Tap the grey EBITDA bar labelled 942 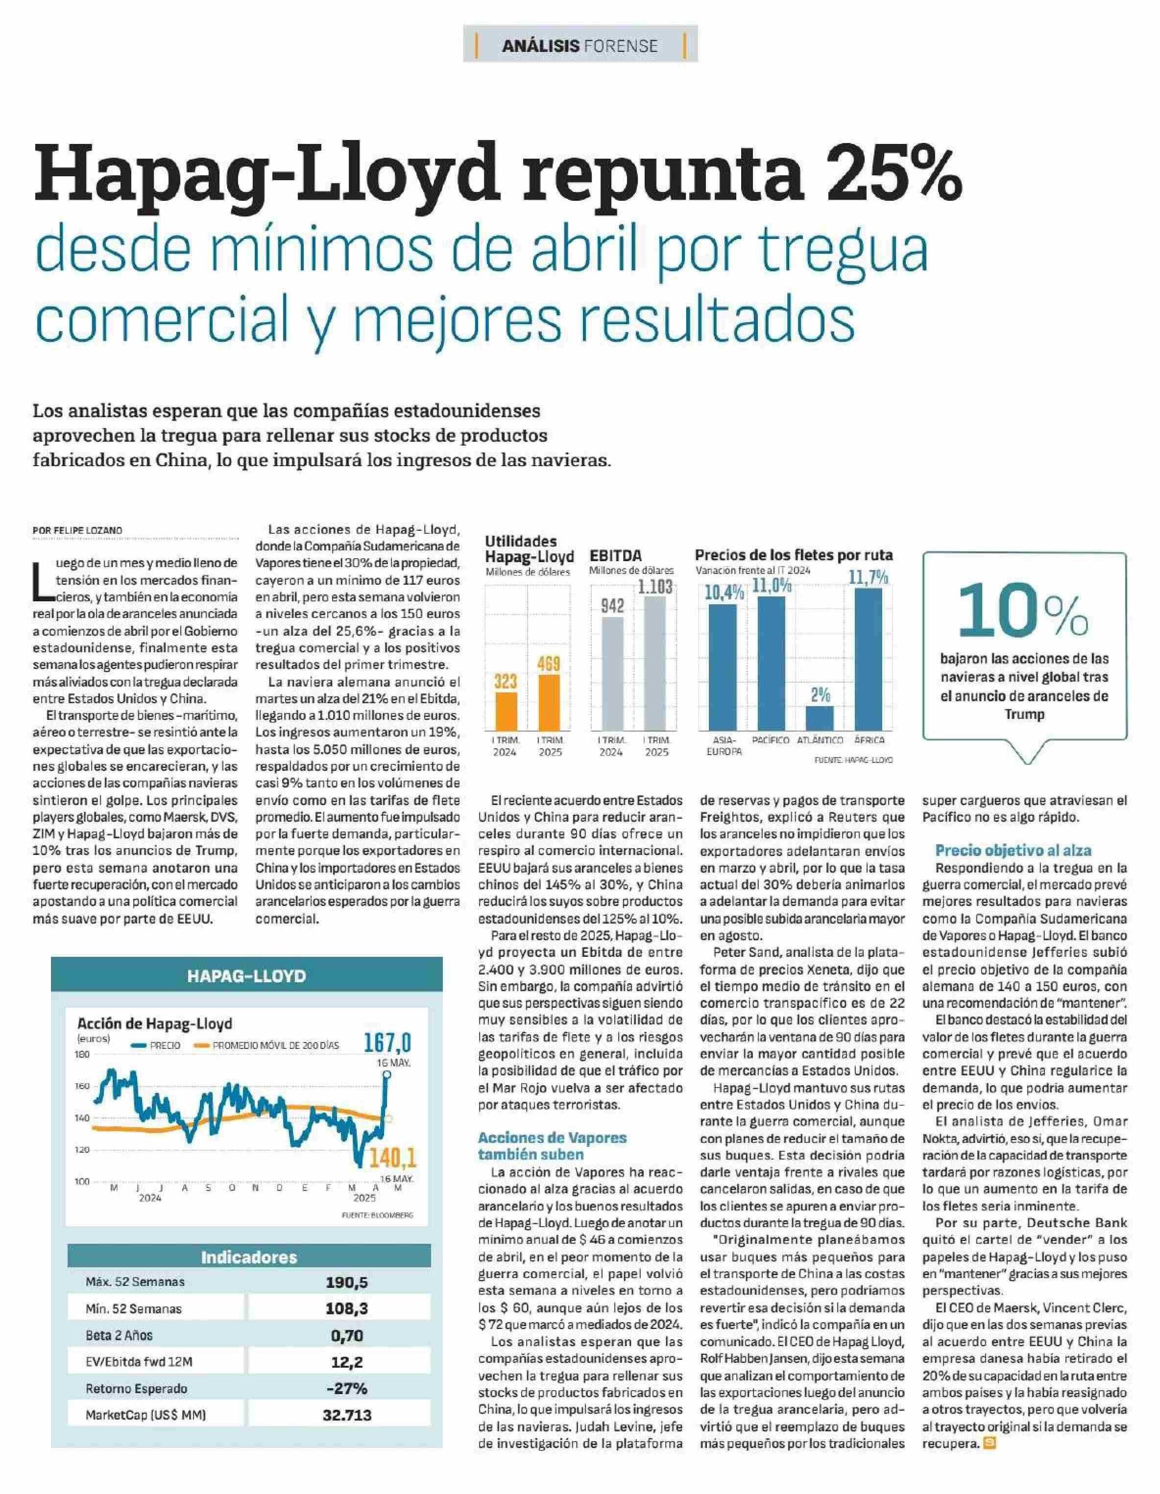pyautogui.click(x=612, y=674)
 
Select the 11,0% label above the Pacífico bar pyautogui.click(x=771, y=586)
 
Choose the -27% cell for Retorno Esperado pyautogui.click(x=347, y=1389)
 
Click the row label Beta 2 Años pyautogui.click(x=119, y=1335)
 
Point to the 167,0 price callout pyautogui.click(x=387, y=1043)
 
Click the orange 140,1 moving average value pyautogui.click(x=392, y=1158)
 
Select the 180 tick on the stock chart pyautogui.click(x=82, y=1055)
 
